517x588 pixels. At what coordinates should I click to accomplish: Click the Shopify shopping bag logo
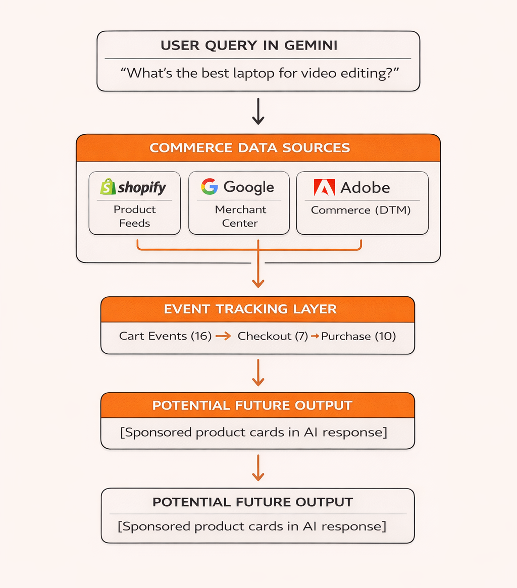coord(108,187)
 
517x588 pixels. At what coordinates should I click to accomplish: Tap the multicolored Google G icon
coord(209,187)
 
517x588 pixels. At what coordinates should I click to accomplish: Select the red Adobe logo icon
coord(324,187)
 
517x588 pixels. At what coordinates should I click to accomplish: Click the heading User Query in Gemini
coord(249,45)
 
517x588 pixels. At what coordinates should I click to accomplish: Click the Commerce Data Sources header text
coord(250,148)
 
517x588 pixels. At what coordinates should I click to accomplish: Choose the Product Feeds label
coord(135,216)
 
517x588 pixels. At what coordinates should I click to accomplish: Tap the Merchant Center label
coord(240,216)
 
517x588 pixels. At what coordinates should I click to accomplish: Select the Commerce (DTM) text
coord(361,210)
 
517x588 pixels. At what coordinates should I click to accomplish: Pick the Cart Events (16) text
coord(165,336)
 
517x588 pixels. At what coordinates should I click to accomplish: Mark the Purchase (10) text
coord(358,336)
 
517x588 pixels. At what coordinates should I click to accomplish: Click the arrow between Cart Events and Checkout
coord(223,336)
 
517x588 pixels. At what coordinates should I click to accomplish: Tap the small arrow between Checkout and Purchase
coord(314,336)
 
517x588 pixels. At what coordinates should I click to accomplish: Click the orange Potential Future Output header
coord(252,405)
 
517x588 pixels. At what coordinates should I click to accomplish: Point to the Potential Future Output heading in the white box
coord(252,502)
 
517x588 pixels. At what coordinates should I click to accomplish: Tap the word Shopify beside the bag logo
coord(142,188)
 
